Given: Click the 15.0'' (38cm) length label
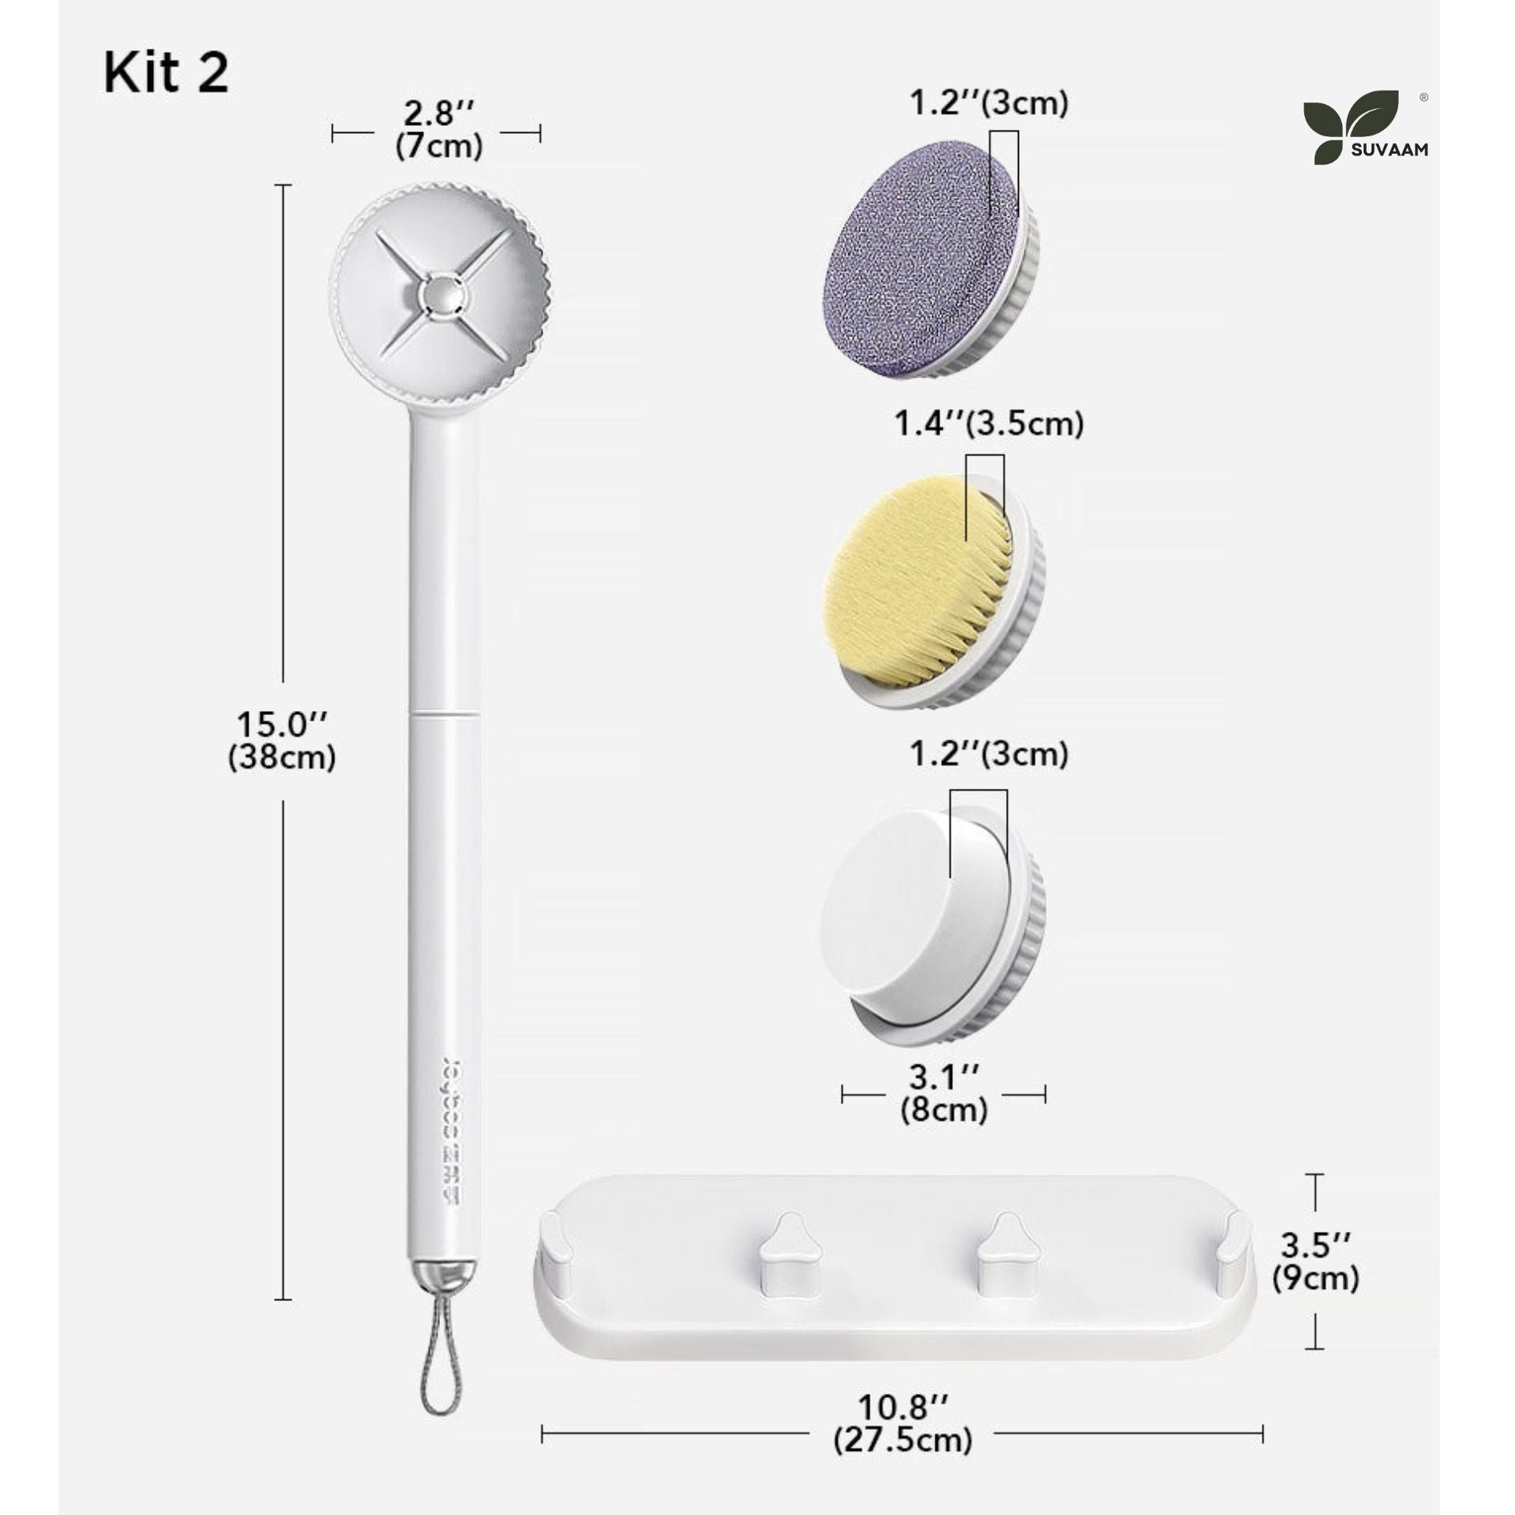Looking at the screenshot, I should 281,741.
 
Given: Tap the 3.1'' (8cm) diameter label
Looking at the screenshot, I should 943,1093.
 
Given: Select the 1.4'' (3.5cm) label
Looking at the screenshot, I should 988,423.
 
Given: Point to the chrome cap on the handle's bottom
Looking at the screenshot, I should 445,1273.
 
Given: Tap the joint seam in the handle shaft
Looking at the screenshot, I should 446,711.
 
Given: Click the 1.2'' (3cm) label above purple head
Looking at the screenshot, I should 988,103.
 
